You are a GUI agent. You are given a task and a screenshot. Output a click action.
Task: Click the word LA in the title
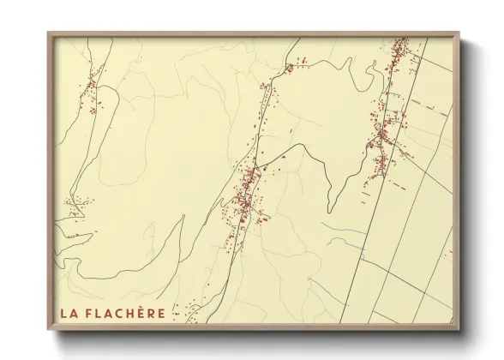tap(68, 313)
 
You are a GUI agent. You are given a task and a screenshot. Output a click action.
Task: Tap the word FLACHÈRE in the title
tap(128, 313)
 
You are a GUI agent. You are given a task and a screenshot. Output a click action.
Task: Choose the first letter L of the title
tap(63, 313)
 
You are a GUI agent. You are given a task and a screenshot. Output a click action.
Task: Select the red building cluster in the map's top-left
tap(91, 94)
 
